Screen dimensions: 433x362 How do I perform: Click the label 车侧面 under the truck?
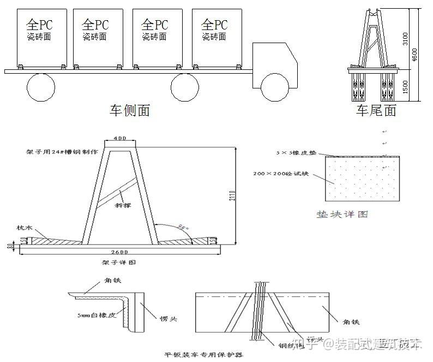(x=129, y=110)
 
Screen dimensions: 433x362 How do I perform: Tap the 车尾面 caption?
(x=376, y=111)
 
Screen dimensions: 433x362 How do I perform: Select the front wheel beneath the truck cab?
(x=274, y=87)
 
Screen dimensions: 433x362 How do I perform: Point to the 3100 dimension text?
(x=413, y=39)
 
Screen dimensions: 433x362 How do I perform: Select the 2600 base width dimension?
(x=119, y=252)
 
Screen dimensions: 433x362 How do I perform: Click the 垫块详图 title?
(x=342, y=214)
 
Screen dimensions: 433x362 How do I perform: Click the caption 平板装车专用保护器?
(x=204, y=354)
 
